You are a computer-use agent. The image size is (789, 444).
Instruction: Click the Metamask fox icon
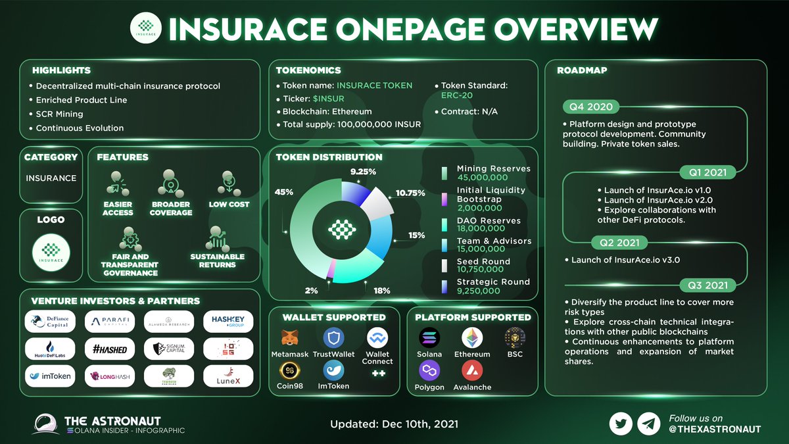[x=289, y=338]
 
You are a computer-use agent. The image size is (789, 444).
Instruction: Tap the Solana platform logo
[x=429, y=338]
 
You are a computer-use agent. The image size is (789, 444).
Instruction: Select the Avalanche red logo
[x=471, y=371]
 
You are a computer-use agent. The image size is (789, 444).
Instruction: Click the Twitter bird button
[x=620, y=424]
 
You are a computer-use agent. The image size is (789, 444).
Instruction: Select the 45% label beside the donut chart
[x=284, y=193]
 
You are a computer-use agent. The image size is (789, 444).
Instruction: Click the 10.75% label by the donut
[x=411, y=193]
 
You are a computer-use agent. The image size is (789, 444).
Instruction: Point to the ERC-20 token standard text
[x=456, y=98]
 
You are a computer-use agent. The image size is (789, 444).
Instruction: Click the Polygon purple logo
[x=429, y=371]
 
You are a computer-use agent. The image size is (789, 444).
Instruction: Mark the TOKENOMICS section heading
[x=308, y=70]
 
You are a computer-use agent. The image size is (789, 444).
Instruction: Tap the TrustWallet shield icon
[x=333, y=338]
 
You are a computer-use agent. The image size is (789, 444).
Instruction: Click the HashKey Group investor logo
[x=228, y=320]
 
